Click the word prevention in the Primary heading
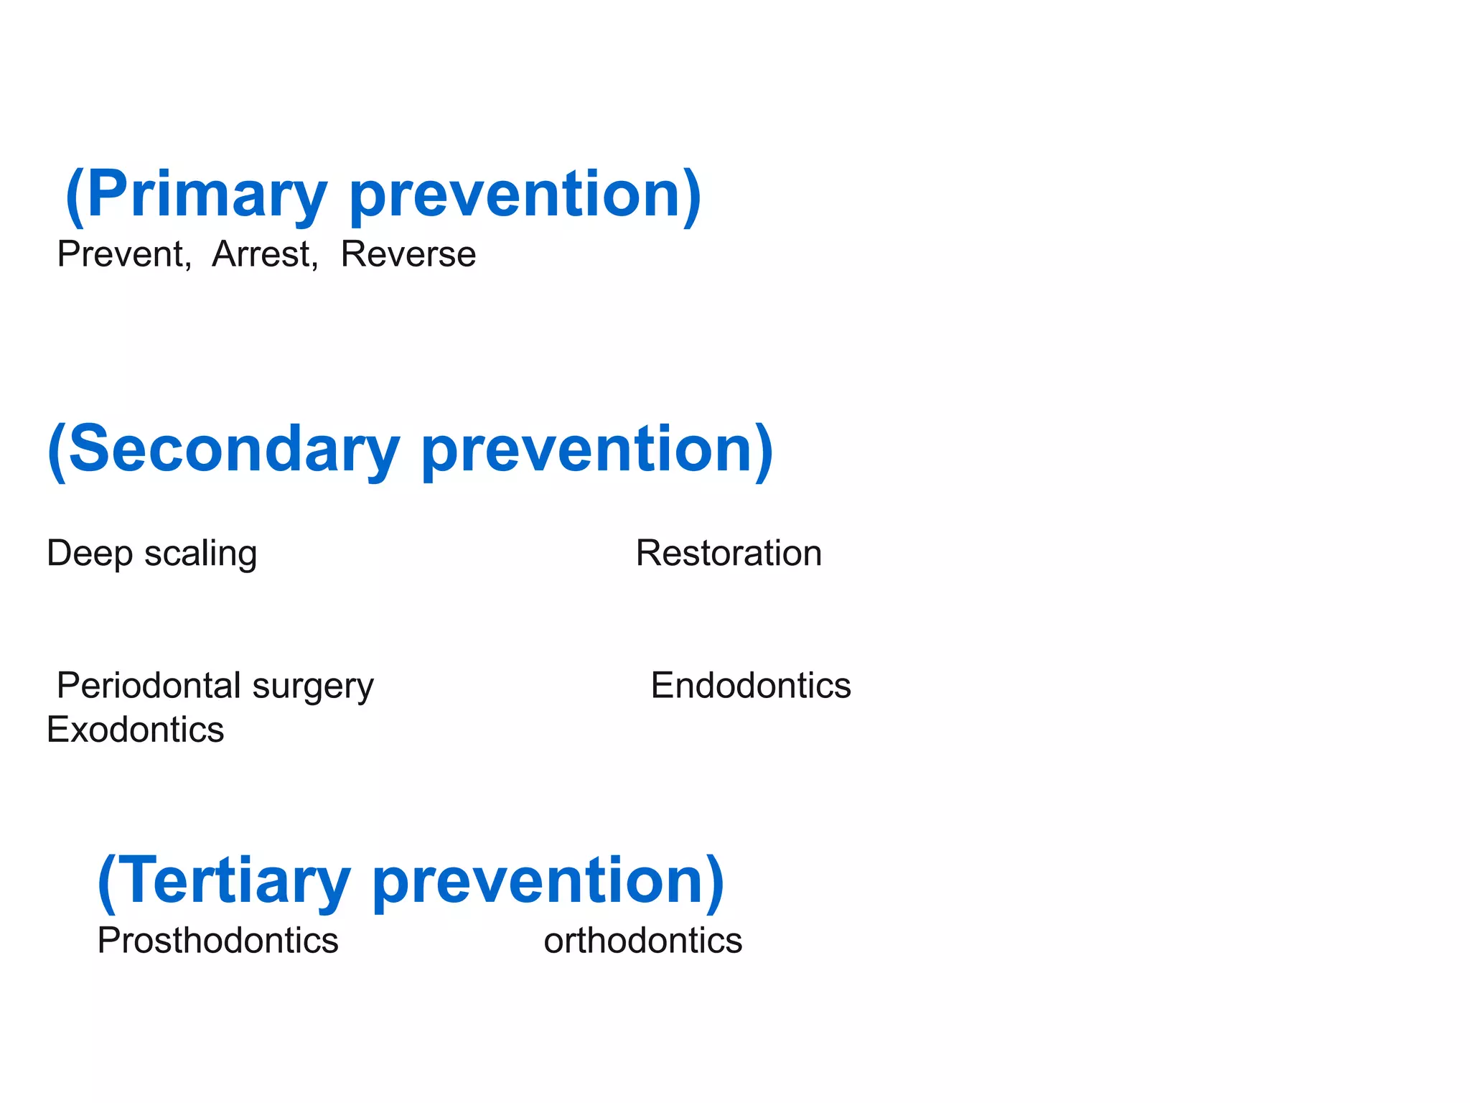(514, 195)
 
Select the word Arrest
(263, 254)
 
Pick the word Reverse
(408, 254)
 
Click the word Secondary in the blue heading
(234, 450)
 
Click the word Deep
(90, 554)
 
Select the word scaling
(200, 554)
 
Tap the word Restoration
(729, 554)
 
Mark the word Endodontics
(751, 686)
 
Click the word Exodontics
(135, 730)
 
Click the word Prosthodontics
(217, 941)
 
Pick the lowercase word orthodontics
(642, 941)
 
